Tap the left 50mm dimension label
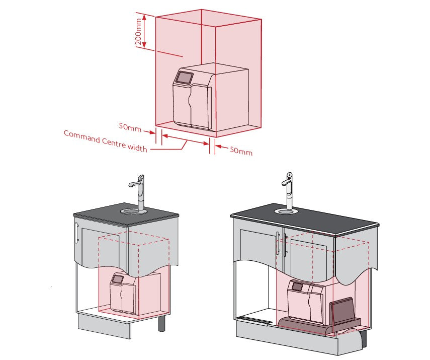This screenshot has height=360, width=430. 130,128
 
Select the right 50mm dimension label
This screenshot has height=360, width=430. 241,150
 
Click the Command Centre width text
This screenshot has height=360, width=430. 105,141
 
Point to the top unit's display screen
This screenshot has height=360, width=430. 184,78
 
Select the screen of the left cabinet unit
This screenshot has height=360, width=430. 118,278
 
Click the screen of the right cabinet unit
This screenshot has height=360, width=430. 297,287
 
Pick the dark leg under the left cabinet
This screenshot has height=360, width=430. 162,322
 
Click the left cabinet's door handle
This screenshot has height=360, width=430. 76,233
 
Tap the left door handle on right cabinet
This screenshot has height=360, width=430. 277,245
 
